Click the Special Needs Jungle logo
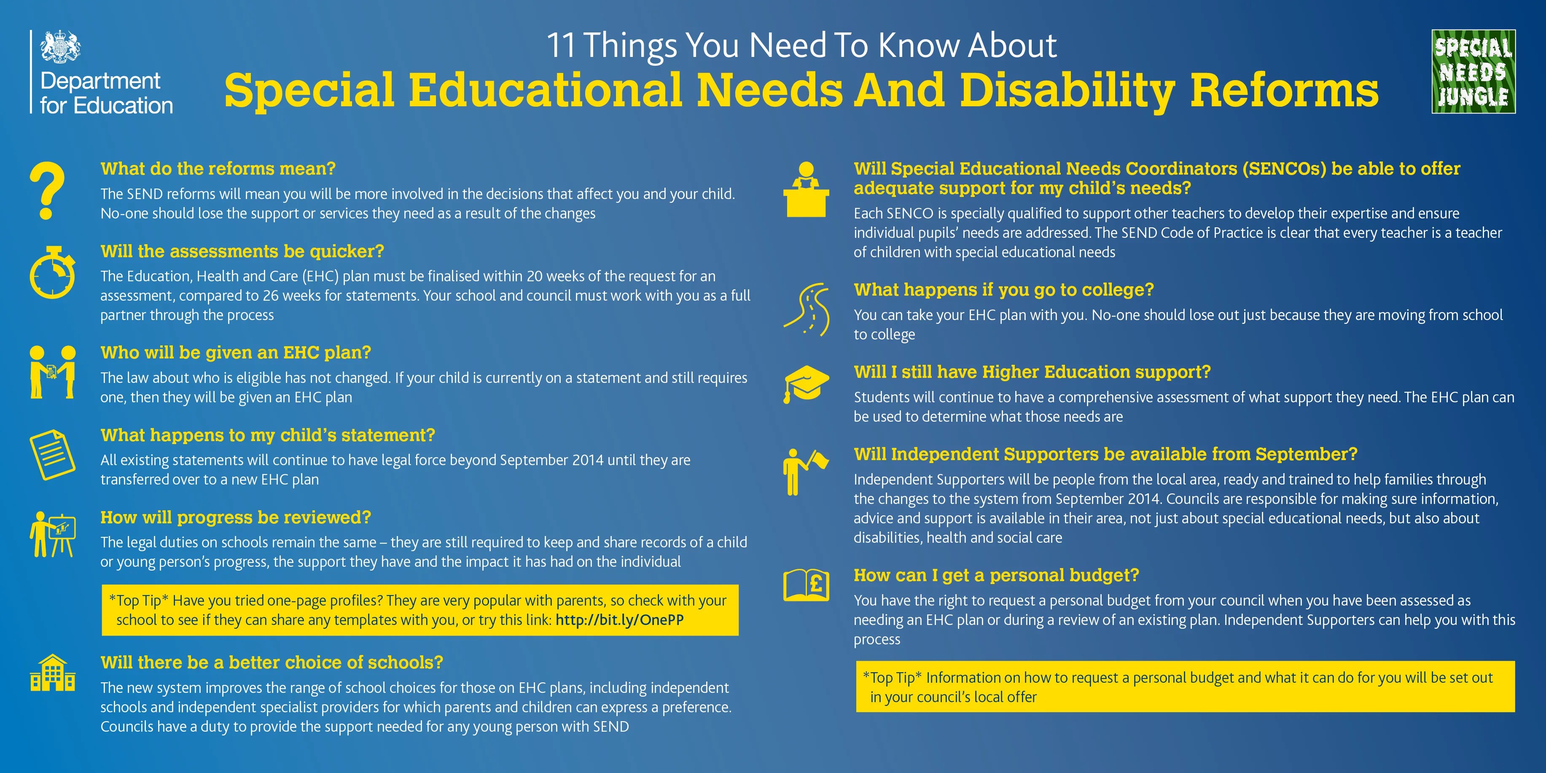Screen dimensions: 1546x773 click(x=1473, y=71)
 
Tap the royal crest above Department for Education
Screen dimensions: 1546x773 click(x=60, y=47)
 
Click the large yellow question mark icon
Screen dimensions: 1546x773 click(x=47, y=190)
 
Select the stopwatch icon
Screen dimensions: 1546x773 click(x=53, y=272)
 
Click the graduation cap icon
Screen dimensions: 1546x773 click(x=806, y=384)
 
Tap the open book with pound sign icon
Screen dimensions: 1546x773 click(x=806, y=584)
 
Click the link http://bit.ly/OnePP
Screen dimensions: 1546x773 click(x=619, y=620)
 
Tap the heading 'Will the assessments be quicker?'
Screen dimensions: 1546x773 click(x=242, y=251)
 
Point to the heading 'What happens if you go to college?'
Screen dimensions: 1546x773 click(x=1003, y=290)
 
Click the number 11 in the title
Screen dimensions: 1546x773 click(x=561, y=46)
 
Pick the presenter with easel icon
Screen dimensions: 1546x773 click(x=53, y=534)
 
